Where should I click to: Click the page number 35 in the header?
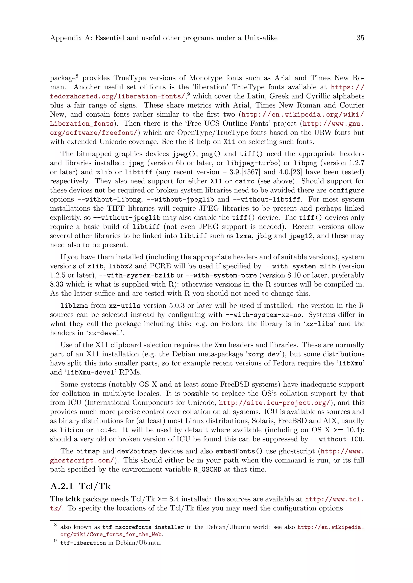(x=360, y=38)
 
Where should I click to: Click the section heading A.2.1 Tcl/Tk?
(x=80, y=486)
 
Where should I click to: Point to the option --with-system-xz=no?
(x=263, y=315)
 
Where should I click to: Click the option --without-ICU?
(x=337, y=439)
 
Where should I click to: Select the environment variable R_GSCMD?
(x=207, y=469)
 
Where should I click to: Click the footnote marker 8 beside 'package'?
(x=77, y=76)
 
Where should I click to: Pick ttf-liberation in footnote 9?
(x=83, y=543)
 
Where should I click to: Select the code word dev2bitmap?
(x=137, y=451)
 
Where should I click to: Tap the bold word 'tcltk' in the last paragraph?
(x=73, y=499)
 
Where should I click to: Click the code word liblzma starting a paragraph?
(x=74, y=306)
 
